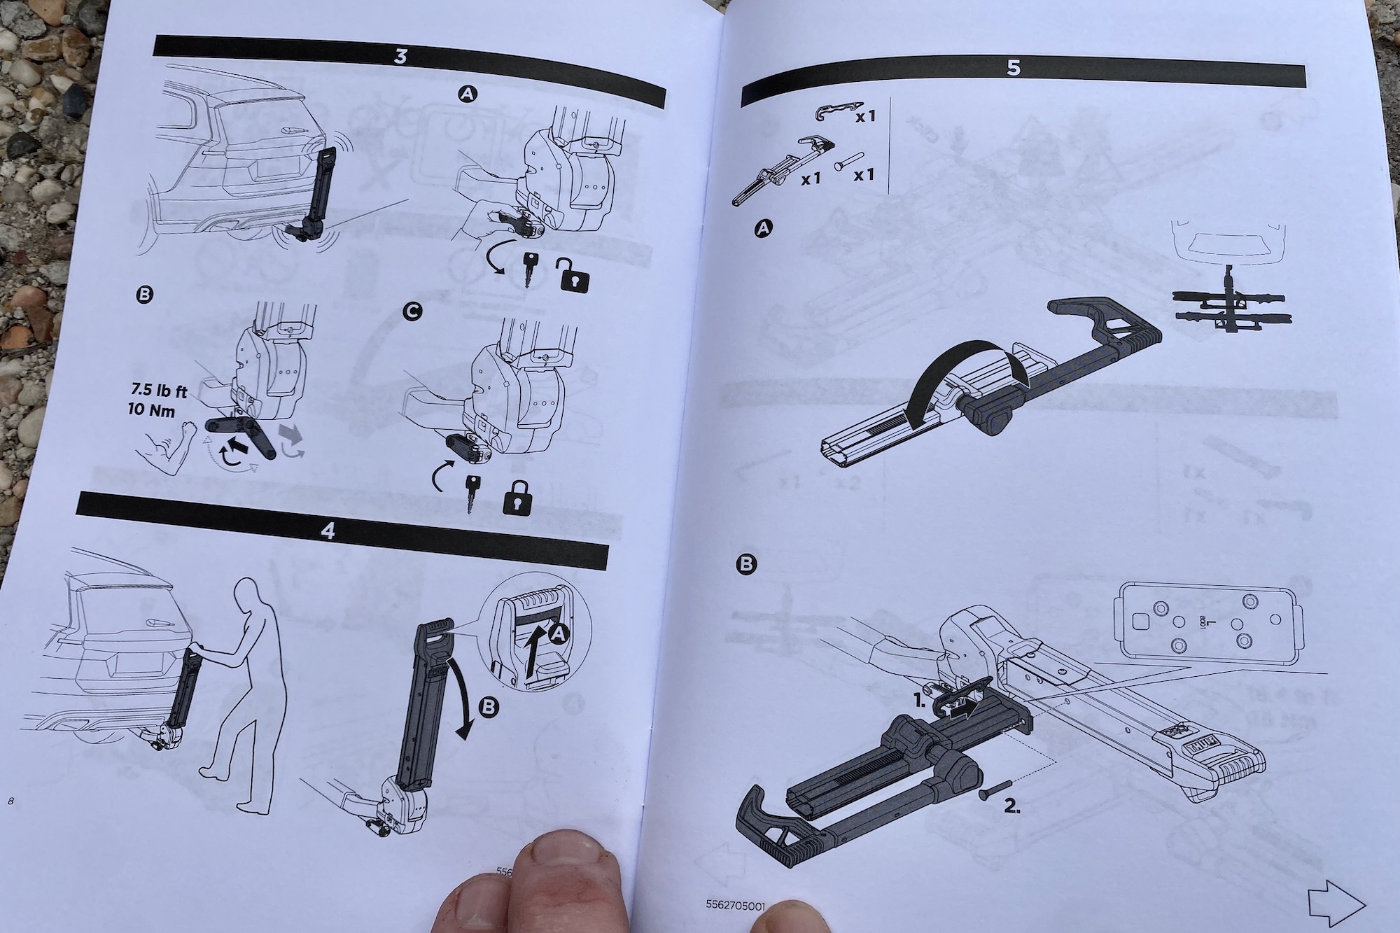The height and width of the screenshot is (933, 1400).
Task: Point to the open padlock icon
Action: (573, 274)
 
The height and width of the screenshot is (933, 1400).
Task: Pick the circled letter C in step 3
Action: (413, 314)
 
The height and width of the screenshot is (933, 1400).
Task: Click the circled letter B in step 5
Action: (748, 563)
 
